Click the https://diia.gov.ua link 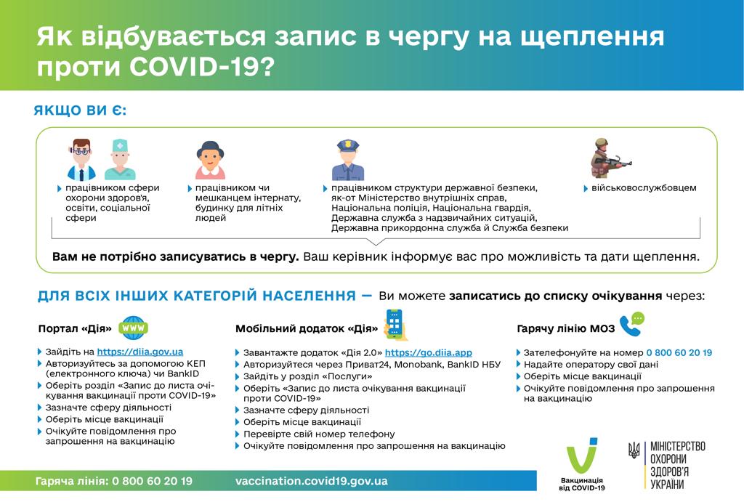click(x=139, y=351)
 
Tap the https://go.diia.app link click(x=433, y=352)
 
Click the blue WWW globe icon click(x=134, y=328)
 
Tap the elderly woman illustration click(x=211, y=160)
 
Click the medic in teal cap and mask click(x=120, y=160)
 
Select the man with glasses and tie click(x=81, y=160)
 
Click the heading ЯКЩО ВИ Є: click(x=80, y=111)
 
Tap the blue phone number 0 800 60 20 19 click(x=679, y=352)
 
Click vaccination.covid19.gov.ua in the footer click(x=311, y=481)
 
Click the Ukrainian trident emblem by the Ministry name click(x=634, y=451)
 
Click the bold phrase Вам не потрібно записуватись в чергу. click(x=175, y=257)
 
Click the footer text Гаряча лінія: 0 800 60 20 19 click(x=114, y=481)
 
